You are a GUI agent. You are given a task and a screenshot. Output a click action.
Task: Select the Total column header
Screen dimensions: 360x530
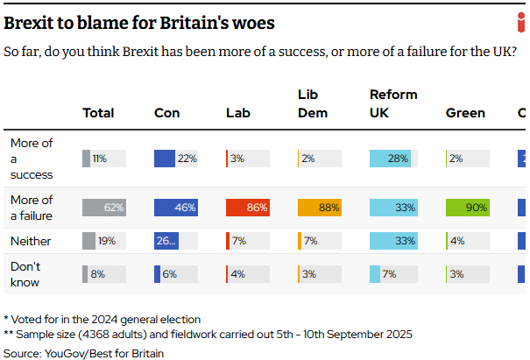pyautogui.click(x=98, y=113)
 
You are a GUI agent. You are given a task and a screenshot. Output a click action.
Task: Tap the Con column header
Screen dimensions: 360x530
pyautogui.click(x=166, y=113)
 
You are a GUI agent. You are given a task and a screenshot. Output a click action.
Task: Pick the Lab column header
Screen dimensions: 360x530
pyautogui.click(x=238, y=113)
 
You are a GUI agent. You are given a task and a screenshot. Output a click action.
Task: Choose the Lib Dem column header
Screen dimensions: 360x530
pyautogui.click(x=312, y=103)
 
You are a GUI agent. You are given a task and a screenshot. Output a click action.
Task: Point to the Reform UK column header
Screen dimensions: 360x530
pyautogui.click(x=393, y=103)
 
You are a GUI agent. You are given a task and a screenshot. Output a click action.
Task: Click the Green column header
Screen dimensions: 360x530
pyautogui.click(x=465, y=113)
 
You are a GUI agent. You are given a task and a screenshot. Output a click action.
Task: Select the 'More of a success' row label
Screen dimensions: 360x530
pyautogui.click(x=32, y=159)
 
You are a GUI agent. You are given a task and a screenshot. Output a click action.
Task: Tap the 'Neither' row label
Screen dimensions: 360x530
pyautogui.click(x=30, y=241)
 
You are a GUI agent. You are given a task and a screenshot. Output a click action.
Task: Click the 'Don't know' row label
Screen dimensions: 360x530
pyautogui.click(x=25, y=273)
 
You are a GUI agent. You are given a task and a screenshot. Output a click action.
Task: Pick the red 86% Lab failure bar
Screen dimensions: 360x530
pyautogui.click(x=247, y=208)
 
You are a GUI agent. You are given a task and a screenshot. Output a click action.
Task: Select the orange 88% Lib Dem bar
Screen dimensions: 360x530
pyautogui.click(x=320, y=208)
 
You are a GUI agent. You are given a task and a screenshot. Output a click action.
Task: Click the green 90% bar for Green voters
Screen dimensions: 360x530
pyautogui.click(x=467, y=208)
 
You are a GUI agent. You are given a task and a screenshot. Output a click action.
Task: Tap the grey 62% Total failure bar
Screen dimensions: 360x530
pyautogui.click(x=103, y=208)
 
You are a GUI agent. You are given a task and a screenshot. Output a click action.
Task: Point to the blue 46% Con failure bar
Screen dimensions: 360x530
pyautogui.click(x=175, y=208)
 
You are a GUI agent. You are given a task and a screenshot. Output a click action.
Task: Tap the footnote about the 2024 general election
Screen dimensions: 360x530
pyautogui.click(x=102, y=319)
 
